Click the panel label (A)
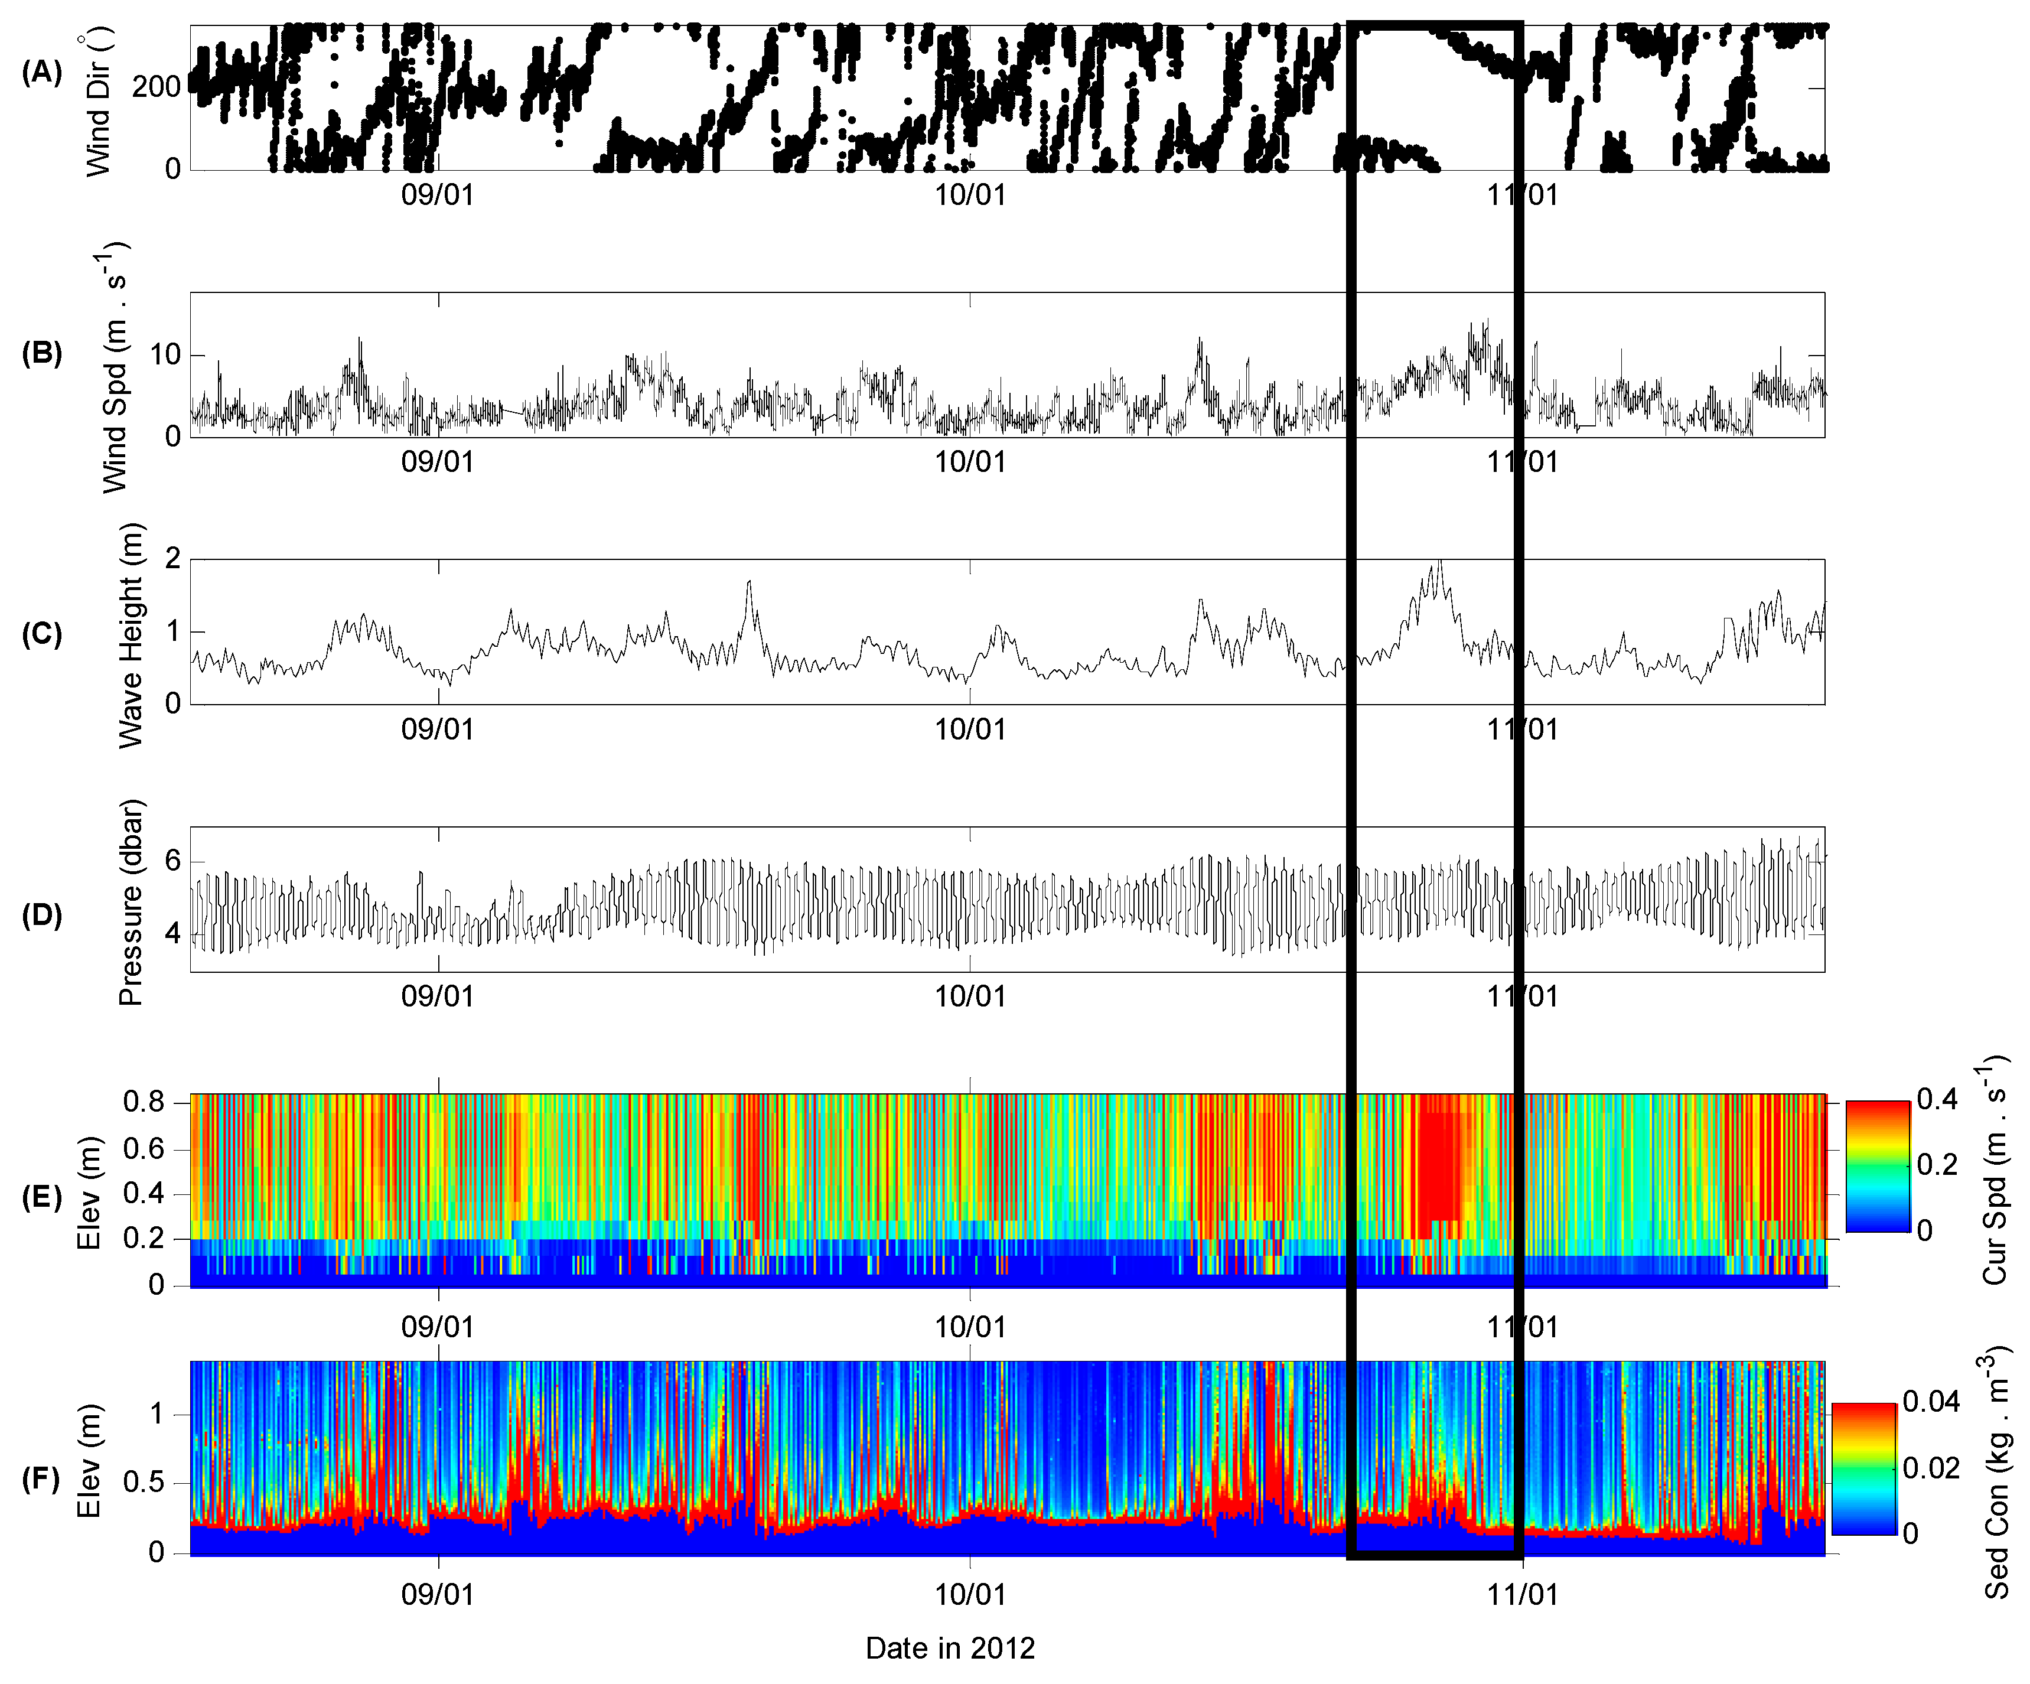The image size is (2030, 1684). pos(41,73)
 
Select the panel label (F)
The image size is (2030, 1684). pos(41,1479)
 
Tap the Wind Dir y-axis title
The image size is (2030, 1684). pos(100,102)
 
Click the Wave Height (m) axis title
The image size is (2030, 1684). pos(131,635)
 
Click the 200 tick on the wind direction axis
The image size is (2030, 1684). pos(157,87)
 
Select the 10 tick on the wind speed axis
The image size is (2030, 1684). pos(164,355)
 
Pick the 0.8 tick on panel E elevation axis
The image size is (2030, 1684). pos(143,1102)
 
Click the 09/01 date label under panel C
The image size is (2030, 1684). pos(438,729)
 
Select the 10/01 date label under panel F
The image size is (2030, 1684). pos(970,1594)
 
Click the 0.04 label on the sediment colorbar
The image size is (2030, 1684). pos(1931,1402)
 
